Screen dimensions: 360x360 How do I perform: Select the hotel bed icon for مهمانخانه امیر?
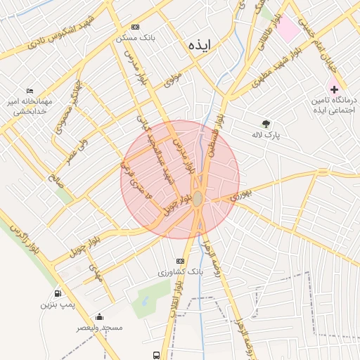(30, 92)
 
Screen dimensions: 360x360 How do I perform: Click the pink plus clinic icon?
(334, 89)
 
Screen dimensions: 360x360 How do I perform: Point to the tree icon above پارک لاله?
(266, 124)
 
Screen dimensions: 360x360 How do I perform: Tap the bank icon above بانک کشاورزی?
(181, 260)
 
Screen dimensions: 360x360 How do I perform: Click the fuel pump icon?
(57, 293)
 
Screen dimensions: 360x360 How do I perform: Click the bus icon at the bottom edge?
(155, 355)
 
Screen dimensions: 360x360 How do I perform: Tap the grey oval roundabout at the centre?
(199, 199)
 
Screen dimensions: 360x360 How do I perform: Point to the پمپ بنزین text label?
(57, 304)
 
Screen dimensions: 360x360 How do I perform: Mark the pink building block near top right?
(287, 29)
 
